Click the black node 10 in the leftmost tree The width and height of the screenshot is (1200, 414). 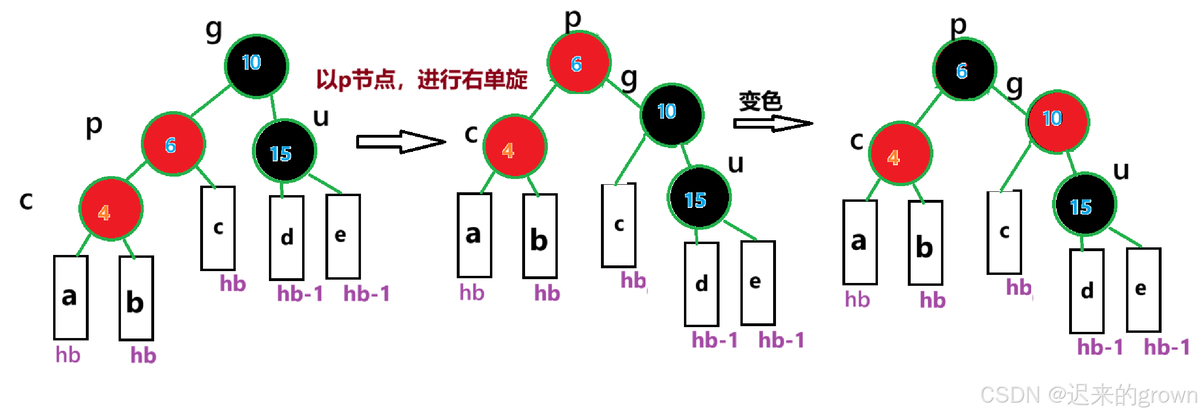(256, 66)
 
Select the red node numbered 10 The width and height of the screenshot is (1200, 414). (1058, 122)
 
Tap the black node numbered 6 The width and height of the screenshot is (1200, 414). (965, 70)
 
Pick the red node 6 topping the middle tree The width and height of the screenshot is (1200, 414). (579, 63)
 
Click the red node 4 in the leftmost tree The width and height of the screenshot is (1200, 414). (111, 209)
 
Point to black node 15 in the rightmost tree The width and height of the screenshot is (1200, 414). (1085, 204)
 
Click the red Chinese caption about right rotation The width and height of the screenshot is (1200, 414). (422, 79)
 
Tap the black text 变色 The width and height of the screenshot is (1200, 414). (760, 101)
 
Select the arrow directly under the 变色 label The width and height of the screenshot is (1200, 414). (773, 123)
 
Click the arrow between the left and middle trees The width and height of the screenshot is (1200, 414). (401, 141)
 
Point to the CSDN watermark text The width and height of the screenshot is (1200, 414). (1089, 395)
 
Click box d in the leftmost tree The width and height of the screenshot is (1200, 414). (286, 237)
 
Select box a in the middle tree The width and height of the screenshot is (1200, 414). (474, 235)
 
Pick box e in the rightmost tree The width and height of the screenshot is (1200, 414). (1143, 290)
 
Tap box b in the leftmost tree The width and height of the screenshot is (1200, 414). (136, 298)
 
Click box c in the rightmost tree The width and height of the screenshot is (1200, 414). (1004, 233)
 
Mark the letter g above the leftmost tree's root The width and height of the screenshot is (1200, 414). (214, 31)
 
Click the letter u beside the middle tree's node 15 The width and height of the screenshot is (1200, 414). (736, 164)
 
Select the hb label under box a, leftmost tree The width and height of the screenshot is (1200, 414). (68, 355)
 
